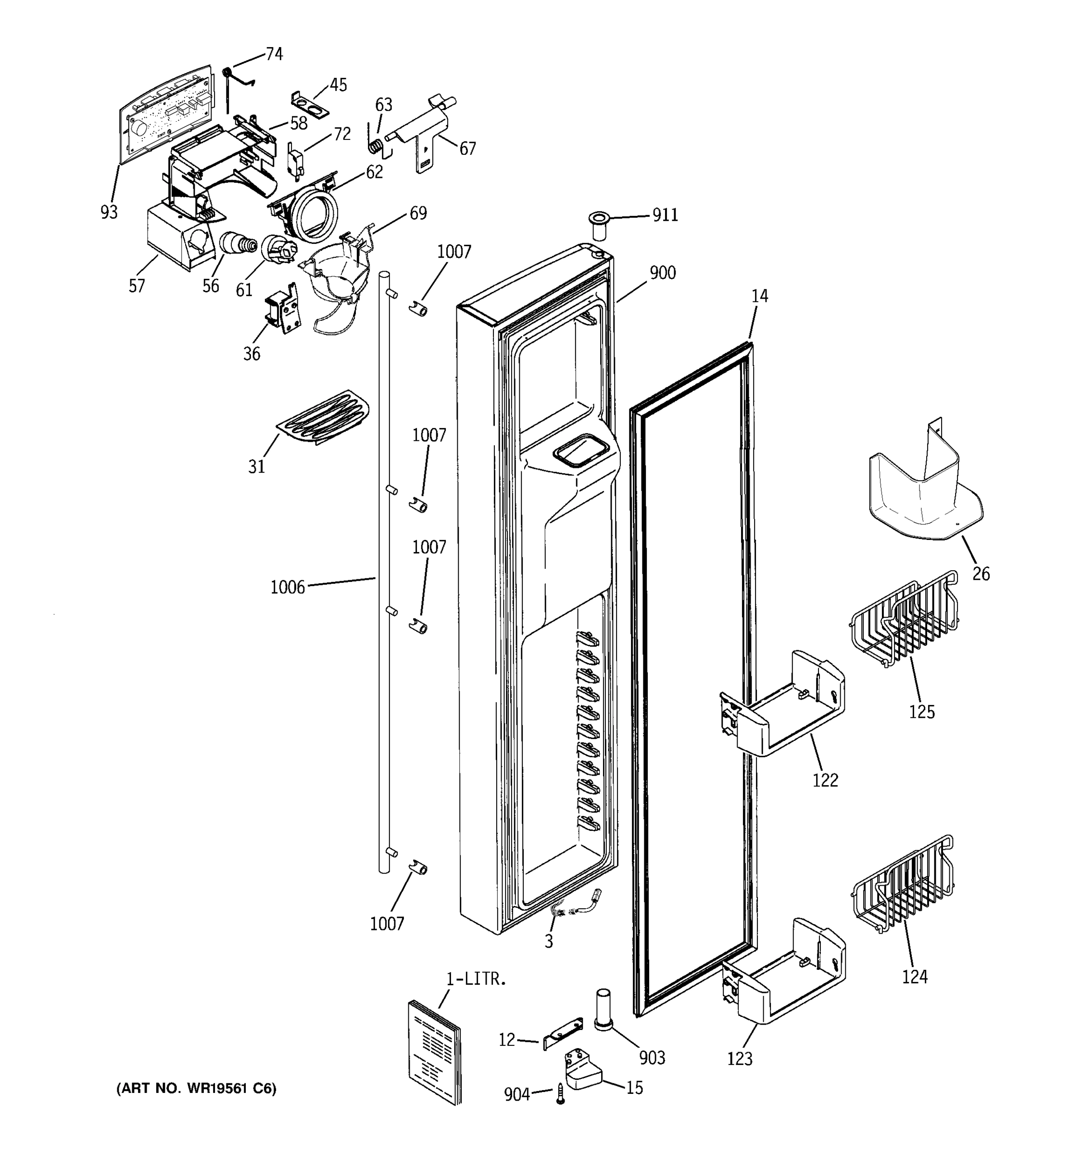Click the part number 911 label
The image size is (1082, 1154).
665,215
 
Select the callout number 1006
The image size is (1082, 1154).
288,588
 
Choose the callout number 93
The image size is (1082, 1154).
109,213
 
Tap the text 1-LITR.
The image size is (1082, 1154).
476,980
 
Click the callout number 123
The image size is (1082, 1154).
740,1059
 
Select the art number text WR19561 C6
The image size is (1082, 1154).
197,1089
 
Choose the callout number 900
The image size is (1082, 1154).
662,273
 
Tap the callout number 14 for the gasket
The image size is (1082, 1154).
759,296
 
